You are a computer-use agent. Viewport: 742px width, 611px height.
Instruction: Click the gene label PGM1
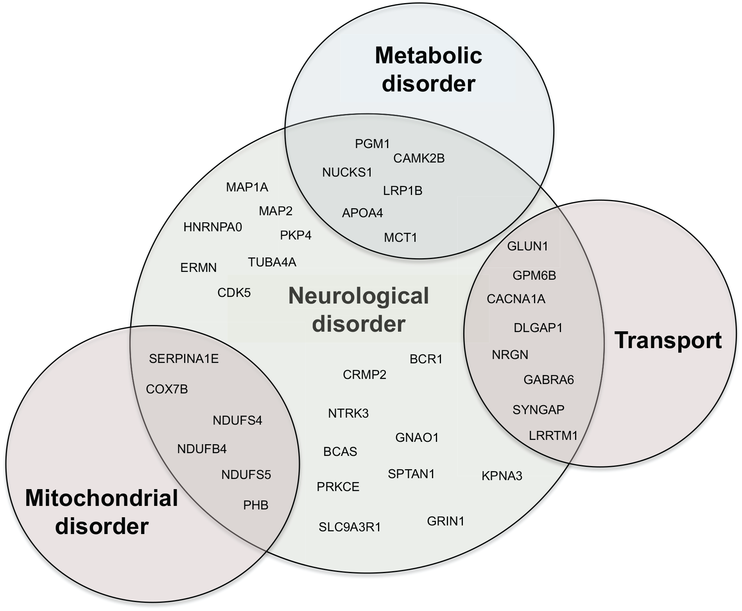(x=372, y=144)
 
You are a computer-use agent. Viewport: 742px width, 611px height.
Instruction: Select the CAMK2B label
(x=419, y=158)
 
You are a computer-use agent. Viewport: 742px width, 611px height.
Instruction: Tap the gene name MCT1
(x=400, y=237)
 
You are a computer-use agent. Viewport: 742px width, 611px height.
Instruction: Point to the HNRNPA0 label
(x=213, y=227)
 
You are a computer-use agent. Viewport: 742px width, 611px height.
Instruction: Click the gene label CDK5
(x=234, y=293)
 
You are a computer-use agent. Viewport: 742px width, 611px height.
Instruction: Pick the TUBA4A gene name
(x=272, y=262)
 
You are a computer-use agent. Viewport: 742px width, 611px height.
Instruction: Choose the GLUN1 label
(x=527, y=246)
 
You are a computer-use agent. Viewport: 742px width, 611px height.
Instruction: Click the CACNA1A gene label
(x=516, y=299)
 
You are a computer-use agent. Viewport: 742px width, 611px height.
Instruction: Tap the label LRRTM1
(x=553, y=435)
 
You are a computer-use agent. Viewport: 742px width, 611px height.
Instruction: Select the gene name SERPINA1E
(x=184, y=359)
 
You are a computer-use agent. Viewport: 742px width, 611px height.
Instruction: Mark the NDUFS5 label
(x=246, y=475)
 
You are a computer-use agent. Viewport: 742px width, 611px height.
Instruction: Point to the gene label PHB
(x=256, y=505)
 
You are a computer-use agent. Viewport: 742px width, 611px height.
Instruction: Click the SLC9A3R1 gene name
(x=349, y=527)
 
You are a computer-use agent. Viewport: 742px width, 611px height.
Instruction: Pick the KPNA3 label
(x=502, y=476)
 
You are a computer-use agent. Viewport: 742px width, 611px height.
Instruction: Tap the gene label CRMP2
(x=364, y=375)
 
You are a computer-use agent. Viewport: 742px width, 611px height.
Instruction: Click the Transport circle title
(x=668, y=340)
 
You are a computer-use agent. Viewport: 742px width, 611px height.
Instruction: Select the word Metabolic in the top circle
(x=428, y=55)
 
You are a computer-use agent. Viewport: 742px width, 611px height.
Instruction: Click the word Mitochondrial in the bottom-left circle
(x=102, y=498)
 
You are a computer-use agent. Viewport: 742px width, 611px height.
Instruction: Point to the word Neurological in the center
(x=358, y=296)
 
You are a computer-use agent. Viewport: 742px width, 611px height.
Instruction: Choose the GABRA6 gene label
(x=548, y=380)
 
